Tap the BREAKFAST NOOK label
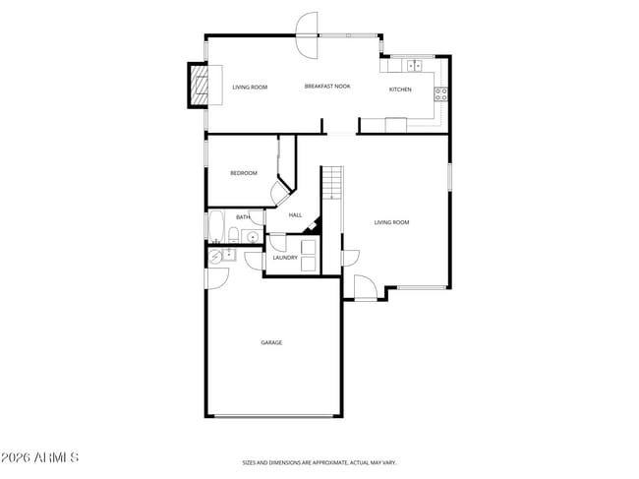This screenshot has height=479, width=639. pyautogui.click(x=327, y=87)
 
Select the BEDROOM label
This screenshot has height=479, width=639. pyautogui.click(x=244, y=173)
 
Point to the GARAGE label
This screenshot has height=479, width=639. pyautogui.click(x=271, y=342)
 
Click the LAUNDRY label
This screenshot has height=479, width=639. pyautogui.click(x=285, y=258)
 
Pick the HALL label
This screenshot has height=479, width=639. pyautogui.click(x=295, y=214)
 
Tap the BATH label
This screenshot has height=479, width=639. pyautogui.click(x=243, y=217)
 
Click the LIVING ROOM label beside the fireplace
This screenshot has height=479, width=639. pyautogui.click(x=250, y=88)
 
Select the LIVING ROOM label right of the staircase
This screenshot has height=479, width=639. pyautogui.click(x=391, y=222)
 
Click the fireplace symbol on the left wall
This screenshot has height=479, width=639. pyautogui.click(x=200, y=87)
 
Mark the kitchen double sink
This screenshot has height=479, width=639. pyautogui.click(x=414, y=66)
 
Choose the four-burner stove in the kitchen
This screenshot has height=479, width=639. pyautogui.click(x=441, y=94)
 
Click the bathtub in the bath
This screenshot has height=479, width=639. pyautogui.click(x=215, y=228)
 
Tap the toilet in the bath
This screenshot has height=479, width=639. pyautogui.click(x=234, y=236)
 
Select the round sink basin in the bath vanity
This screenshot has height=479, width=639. pyautogui.click(x=253, y=237)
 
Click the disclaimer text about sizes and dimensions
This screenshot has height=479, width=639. pyautogui.click(x=319, y=461)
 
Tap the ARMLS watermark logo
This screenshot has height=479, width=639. pyautogui.click(x=39, y=458)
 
